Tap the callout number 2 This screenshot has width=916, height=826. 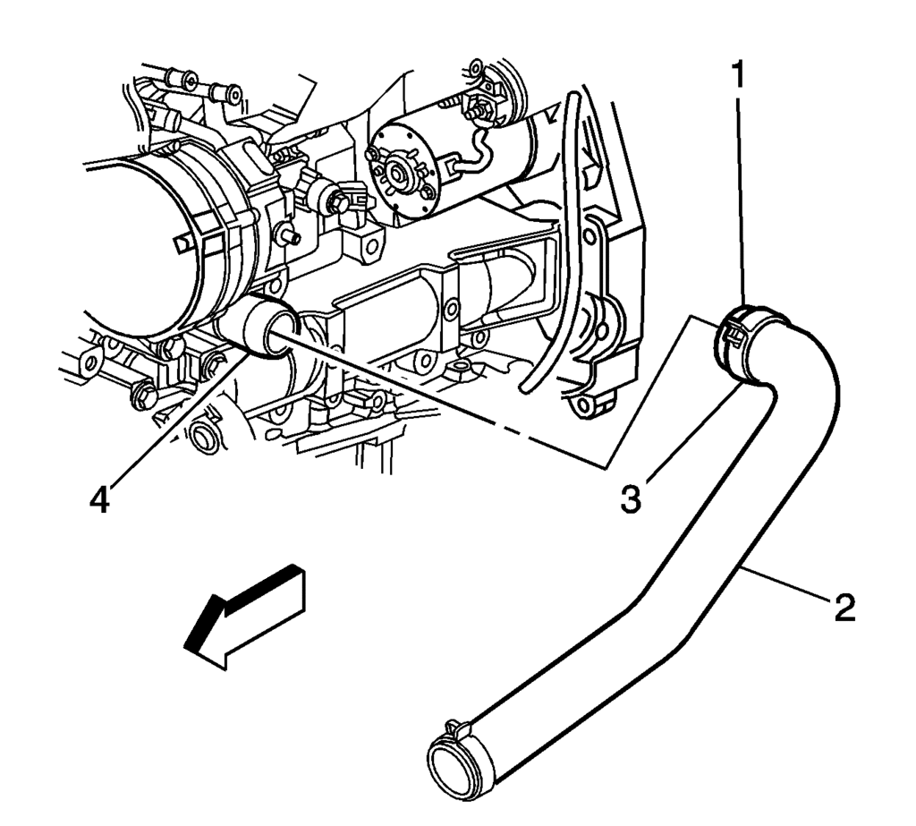click(x=844, y=609)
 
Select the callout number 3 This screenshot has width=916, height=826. click(x=632, y=498)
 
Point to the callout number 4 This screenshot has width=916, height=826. click(x=99, y=498)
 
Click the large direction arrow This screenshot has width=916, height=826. click(x=245, y=617)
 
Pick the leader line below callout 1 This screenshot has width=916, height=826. click(x=741, y=197)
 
